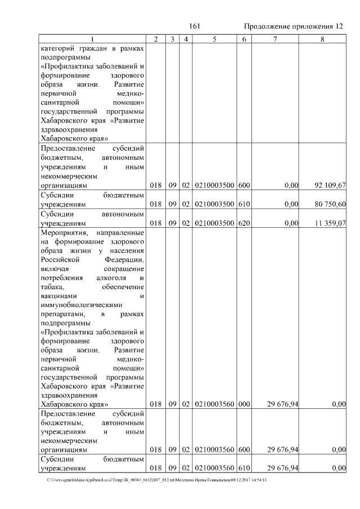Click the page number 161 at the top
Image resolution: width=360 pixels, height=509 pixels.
pos(195,26)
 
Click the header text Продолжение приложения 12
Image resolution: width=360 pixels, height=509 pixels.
pos(293,26)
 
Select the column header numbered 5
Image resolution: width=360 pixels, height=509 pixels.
pos(214,39)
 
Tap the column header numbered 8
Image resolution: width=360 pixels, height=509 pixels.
pos(322,39)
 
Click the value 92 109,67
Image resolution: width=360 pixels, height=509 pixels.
pos(328,184)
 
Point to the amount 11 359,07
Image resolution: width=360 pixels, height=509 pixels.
pos(328,223)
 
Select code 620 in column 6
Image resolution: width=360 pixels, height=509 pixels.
pos(244,223)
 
